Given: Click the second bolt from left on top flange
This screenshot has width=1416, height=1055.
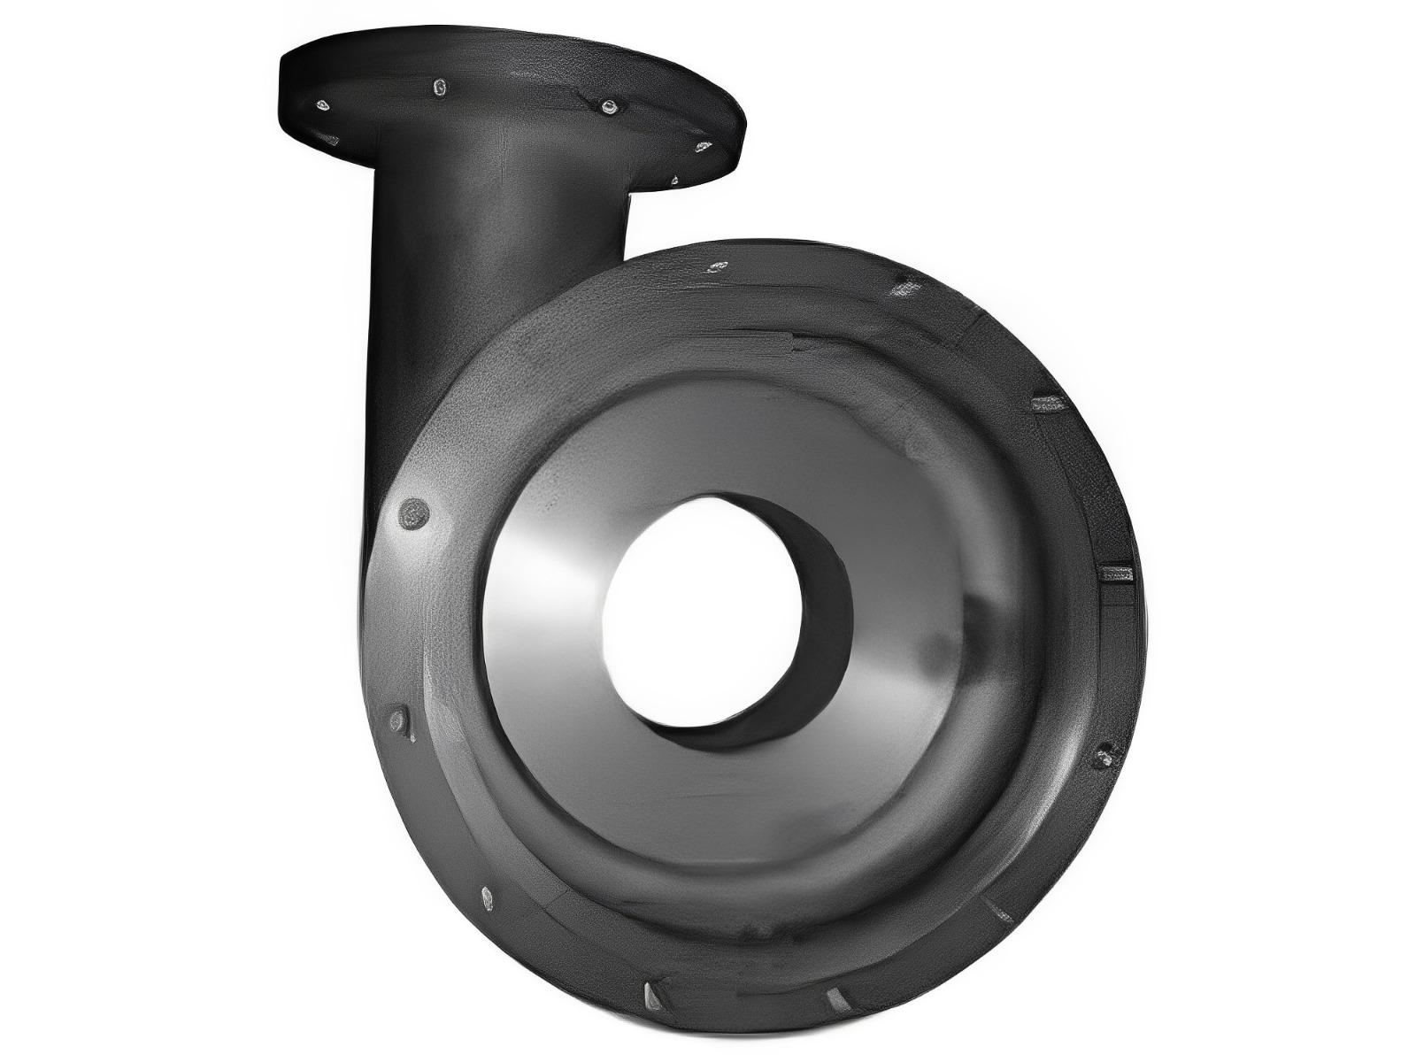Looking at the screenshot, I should coord(440,87).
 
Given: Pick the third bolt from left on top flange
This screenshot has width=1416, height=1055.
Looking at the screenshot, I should coord(608,107).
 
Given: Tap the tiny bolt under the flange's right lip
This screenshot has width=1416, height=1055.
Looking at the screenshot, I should coord(674,181).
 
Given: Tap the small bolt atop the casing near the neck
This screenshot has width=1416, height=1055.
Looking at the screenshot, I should coord(717,266).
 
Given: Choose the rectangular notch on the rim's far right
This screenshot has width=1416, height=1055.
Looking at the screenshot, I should coord(1114,574).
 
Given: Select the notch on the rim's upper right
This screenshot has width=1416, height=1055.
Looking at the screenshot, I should coord(1047,404).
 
